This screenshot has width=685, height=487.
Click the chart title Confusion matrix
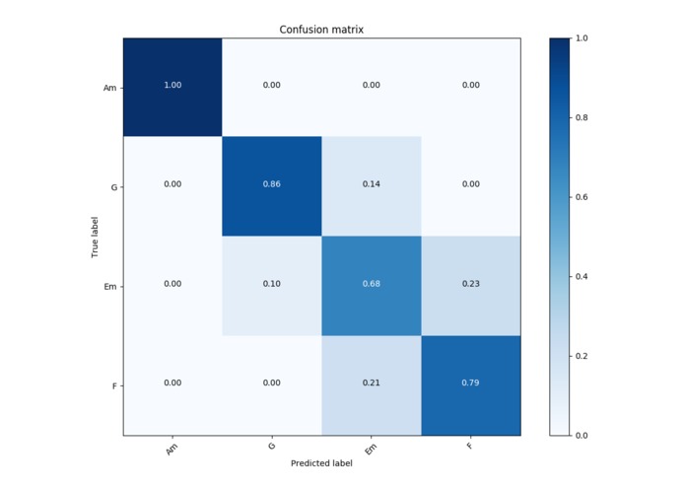click(321, 30)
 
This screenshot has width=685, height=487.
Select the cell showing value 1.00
click(172, 86)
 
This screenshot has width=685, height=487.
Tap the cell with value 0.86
click(272, 185)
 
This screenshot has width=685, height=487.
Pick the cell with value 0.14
click(371, 185)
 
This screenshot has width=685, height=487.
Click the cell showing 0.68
click(371, 285)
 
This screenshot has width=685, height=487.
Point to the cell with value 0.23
click(470, 285)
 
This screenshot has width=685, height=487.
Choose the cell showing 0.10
click(272, 285)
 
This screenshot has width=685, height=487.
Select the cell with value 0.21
click(371, 384)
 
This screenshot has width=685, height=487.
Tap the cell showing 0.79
click(470, 384)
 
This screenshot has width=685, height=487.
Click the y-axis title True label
click(95, 237)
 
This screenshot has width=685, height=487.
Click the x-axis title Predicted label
click(321, 463)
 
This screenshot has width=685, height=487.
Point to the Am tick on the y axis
click(110, 88)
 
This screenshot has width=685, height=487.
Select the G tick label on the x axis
click(271, 447)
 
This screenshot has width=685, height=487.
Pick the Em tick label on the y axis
click(111, 286)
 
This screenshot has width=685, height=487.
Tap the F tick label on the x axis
click(469, 446)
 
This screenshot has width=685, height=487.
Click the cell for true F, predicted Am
click(172, 384)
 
